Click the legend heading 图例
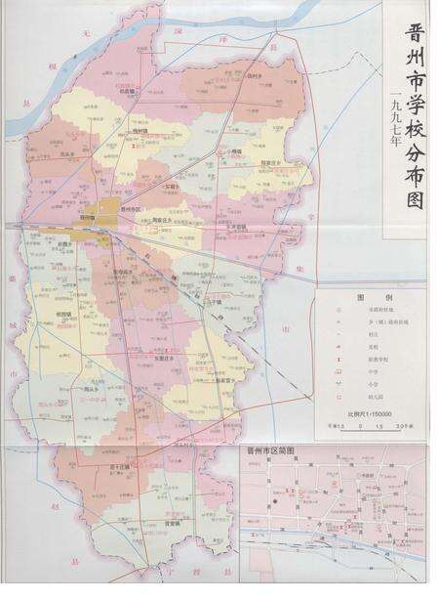click(x=367, y=296)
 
